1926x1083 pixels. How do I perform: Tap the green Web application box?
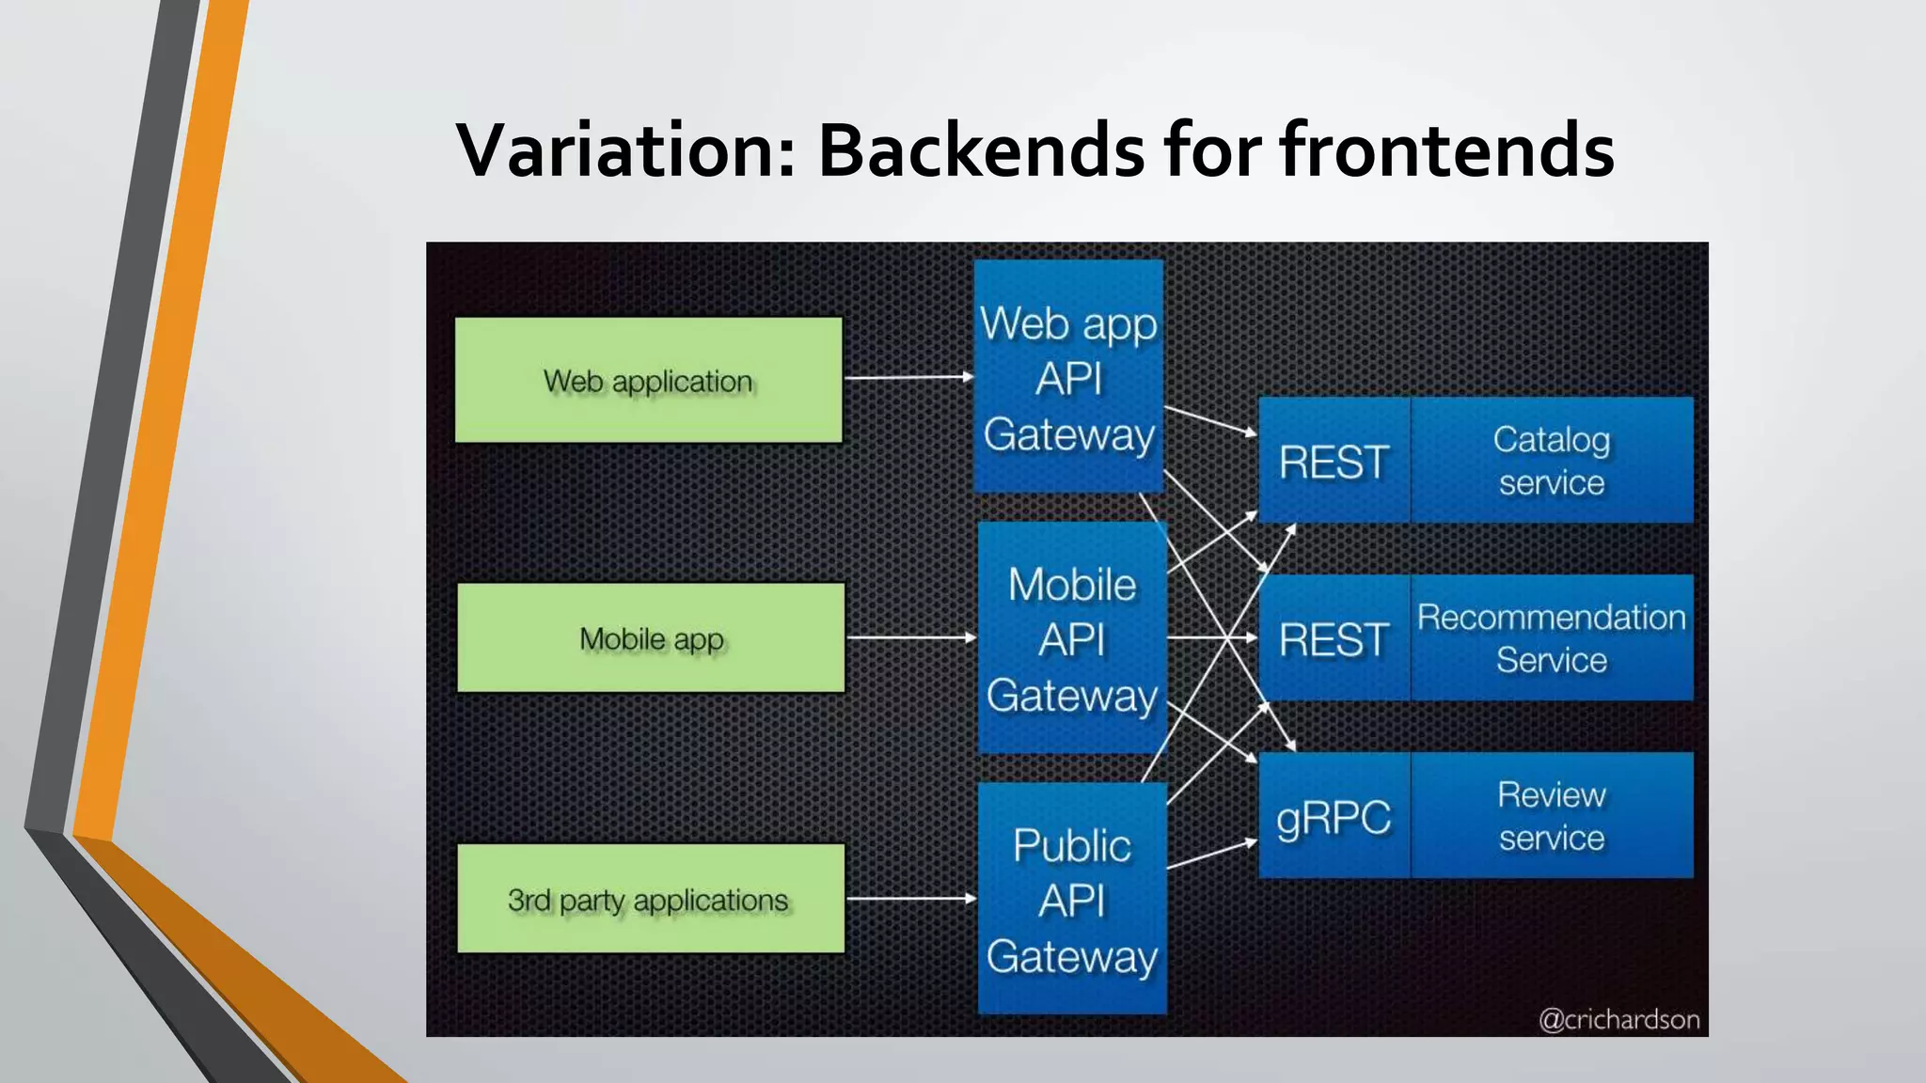(x=648, y=380)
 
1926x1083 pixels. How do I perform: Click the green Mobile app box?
(x=651, y=638)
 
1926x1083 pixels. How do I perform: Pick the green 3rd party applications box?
(x=651, y=899)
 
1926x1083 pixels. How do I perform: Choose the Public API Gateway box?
(x=1072, y=900)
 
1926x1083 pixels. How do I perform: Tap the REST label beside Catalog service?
(x=1334, y=461)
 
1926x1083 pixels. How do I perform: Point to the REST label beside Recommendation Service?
(x=1334, y=639)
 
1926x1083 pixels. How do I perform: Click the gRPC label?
(x=1334, y=816)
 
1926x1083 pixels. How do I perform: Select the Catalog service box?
(x=1552, y=461)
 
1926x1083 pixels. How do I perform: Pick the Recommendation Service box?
(x=1552, y=638)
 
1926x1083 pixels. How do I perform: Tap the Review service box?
(x=1552, y=816)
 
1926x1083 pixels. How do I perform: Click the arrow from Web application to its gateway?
(x=908, y=378)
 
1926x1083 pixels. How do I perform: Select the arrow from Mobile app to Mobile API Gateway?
(x=910, y=637)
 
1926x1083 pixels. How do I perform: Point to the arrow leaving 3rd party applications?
(x=910, y=899)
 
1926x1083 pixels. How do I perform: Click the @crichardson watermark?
(x=1618, y=1020)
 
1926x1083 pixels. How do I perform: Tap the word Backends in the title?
(x=982, y=150)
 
